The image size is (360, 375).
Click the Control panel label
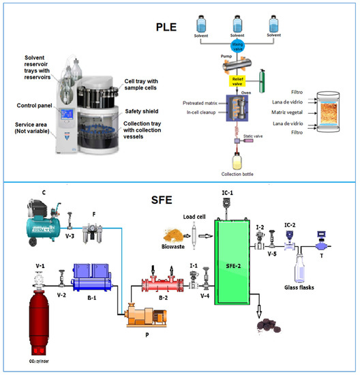click(x=35, y=105)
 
